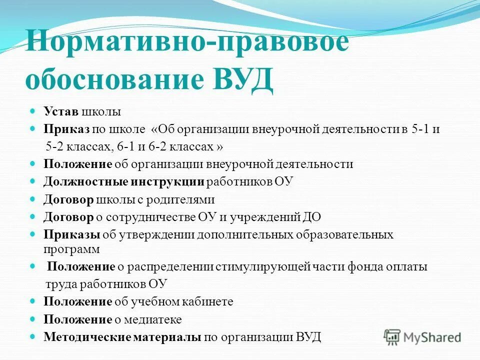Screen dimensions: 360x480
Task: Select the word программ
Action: tap(71, 248)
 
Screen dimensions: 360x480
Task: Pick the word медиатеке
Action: tap(153, 319)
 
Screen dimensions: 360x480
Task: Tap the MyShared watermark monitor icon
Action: tap(393, 336)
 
